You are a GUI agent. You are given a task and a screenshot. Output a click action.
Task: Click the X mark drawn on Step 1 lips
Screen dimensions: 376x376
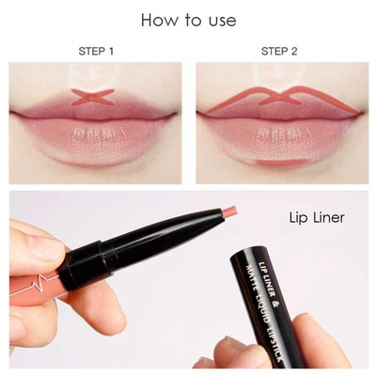[92, 96]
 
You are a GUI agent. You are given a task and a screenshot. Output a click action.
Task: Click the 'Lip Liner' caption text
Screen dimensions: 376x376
[318, 217]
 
